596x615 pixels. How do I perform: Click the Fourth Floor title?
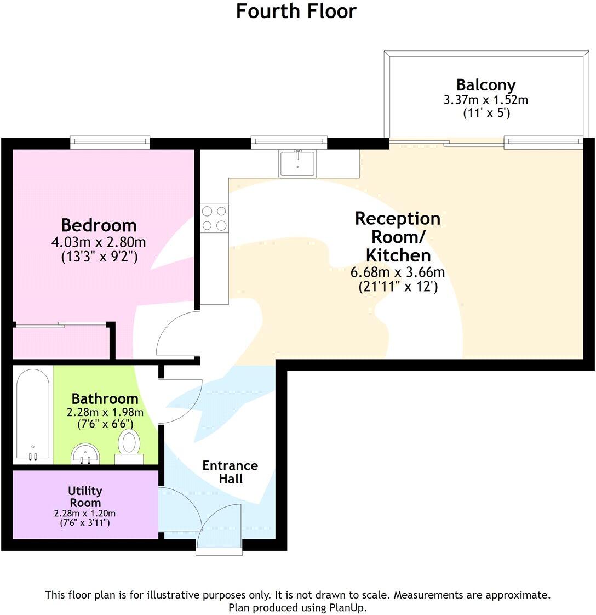pos(296,11)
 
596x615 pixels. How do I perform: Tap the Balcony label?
pos(485,85)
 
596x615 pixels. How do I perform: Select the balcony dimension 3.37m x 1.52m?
pos(485,100)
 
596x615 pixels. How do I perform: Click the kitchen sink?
pos(297,163)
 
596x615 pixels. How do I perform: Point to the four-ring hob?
pos(214,218)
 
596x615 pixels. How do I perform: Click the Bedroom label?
pos(99,225)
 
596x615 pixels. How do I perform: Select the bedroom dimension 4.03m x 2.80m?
pos(99,242)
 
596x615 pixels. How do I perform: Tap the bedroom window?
pos(110,143)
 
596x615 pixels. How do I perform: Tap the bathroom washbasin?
pos(85,453)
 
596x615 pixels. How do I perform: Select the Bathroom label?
pos(105,398)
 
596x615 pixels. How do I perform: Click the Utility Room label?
pos(85,497)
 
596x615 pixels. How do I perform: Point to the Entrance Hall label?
pos(230,471)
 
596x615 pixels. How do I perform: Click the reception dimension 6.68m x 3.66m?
pos(398,272)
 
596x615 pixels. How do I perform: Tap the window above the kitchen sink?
pos(289,143)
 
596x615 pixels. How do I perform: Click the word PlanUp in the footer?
pos(347,607)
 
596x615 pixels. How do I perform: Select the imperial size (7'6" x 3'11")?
pos(85,523)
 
